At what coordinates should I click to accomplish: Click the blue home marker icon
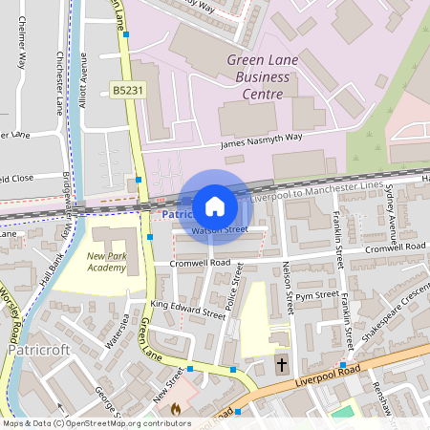[x=215, y=206]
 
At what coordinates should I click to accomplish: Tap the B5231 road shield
[x=127, y=89]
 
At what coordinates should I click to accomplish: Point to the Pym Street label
[x=311, y=296]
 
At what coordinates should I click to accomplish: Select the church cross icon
[x=281, y=365]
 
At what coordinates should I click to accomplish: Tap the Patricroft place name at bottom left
[x=38, y=351]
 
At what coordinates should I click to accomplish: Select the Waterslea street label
[x=116, y=337]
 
